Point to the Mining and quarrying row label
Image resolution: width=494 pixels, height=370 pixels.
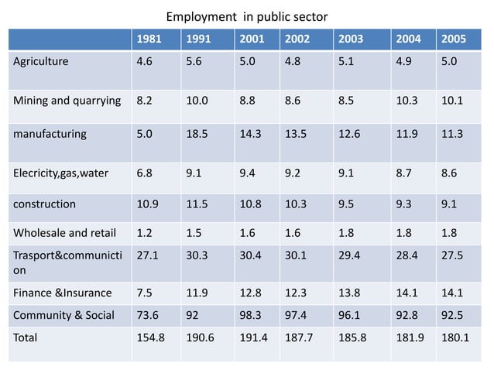pos(66,99)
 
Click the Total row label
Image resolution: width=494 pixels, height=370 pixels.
pos(26,337)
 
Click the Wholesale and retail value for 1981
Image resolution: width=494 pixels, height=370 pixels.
pos(144,231)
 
